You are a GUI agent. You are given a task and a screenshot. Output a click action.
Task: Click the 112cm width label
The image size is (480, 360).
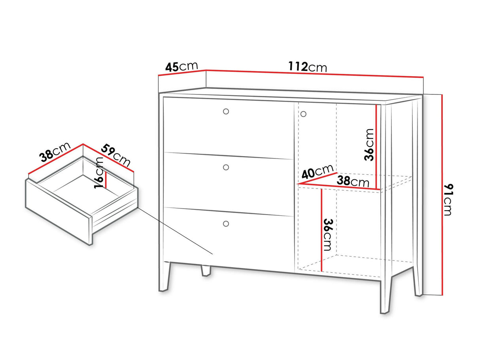(x=308, y=66)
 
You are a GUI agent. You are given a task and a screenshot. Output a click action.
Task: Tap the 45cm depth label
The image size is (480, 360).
(x=181, y=66)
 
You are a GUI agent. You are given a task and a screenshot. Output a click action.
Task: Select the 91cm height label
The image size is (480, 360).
(x=448, y=200)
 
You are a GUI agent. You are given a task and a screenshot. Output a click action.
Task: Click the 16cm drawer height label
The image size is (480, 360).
(x=98, y=173)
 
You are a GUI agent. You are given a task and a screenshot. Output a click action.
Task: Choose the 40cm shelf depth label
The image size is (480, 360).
(x=317, y=172)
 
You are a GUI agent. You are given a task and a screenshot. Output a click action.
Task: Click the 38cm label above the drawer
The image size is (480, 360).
(x=55, y=152)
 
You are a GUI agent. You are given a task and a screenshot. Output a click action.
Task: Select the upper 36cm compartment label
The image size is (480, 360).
(x=369, y=145)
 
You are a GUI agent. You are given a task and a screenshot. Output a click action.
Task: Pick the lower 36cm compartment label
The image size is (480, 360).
(x=327, y=235)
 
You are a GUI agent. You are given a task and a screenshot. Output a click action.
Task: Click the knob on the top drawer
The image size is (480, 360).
(x=226, y=111)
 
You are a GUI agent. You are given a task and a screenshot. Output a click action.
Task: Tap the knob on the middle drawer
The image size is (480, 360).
(x=226, y=168)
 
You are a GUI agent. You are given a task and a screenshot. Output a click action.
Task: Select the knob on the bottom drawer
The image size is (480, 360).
(x=226, y=224)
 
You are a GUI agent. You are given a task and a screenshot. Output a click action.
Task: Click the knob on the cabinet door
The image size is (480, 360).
(x=303, y=114)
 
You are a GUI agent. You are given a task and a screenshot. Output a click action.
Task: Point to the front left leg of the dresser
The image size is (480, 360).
(x=164, y=277)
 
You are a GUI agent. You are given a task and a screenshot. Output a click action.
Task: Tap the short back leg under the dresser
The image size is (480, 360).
(x=206, y=271)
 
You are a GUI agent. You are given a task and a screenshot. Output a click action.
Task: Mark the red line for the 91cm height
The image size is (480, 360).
(x=442, y=195)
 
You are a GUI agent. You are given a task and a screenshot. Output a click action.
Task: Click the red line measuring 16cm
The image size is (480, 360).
(x=106, y=180)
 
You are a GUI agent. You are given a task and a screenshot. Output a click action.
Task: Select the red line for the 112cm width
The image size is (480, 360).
(x=315, y=73)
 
